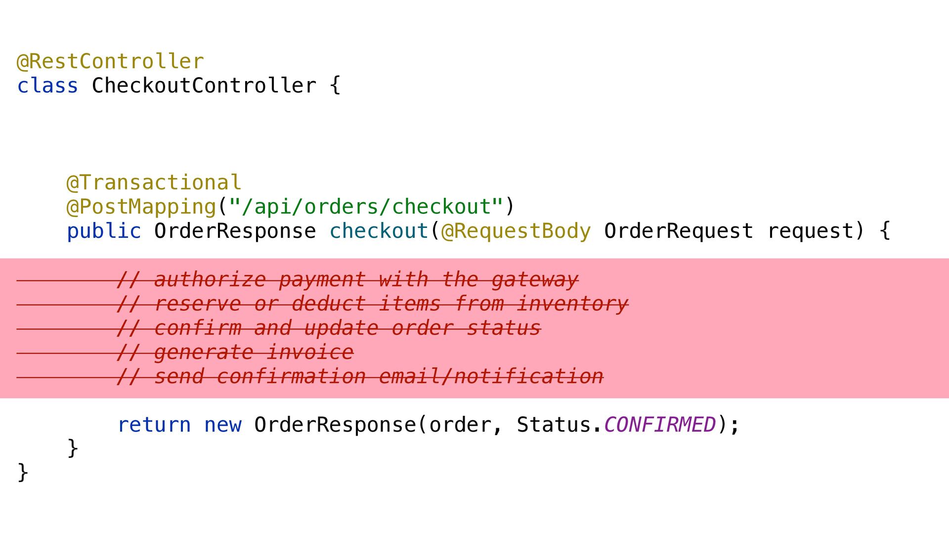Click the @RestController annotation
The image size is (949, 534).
[x=110, y=62]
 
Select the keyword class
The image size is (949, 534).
[x=47, y=86]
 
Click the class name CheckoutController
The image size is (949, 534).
[x=204, y=86]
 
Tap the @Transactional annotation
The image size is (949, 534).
[x=154, y=183]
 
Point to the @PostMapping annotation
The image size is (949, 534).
[x=141, y=207]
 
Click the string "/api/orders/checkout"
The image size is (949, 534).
[x=366, y=207]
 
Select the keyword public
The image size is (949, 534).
[x=104, y=231]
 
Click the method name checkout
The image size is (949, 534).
[x=379, y=231]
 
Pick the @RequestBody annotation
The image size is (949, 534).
[x=516, y=231]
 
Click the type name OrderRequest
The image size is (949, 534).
[x=678, y=231]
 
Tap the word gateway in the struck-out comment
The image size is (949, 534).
[x=535, y=280]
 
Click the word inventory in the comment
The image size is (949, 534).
[x=572, y=304]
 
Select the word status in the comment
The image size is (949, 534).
[x=504, y=328]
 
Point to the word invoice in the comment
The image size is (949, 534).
[x=310, y=353]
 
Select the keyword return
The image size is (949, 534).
[x=154, y=425]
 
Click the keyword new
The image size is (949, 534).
[x=222, y=425]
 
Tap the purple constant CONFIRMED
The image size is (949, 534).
[x=659, y=425]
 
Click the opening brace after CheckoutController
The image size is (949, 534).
[x=335, y=86]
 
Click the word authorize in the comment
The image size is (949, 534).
[x=210, y=280]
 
